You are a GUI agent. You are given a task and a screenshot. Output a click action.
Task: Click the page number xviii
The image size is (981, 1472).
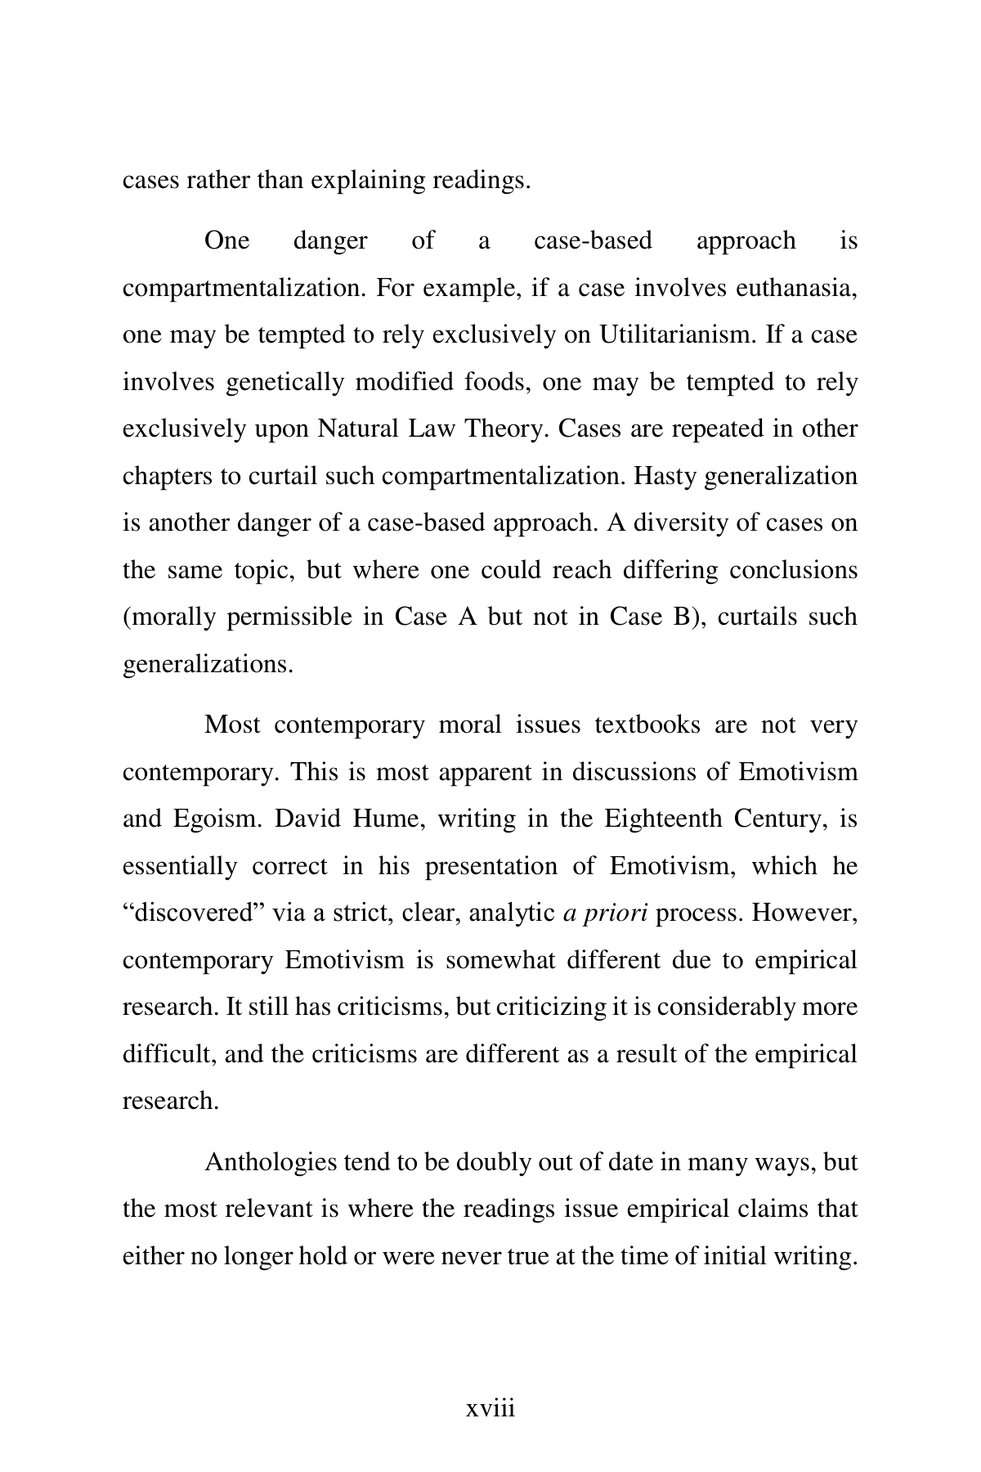click(x=490, y=1408)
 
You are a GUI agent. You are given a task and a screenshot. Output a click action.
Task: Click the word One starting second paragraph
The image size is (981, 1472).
click(x=226, y=240)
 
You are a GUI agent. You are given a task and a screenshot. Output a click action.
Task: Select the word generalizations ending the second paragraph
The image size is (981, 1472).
click(x=207, y=663)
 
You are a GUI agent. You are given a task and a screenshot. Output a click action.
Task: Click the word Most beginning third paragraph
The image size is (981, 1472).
click(x=233, y=725)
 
